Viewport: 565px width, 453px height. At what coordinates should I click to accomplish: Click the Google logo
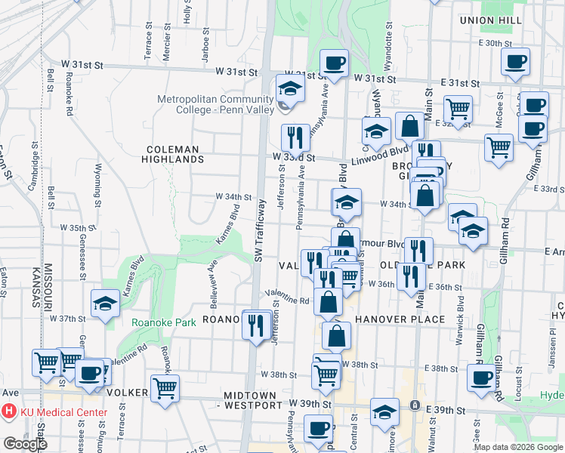point(25,444)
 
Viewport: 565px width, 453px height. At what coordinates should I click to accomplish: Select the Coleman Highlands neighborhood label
point(173,154)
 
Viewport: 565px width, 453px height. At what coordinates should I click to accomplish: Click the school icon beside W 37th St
point(105,304)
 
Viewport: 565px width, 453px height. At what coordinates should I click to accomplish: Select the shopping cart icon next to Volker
point(165,388)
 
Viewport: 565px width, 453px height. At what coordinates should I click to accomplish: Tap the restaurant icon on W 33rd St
point(295,137)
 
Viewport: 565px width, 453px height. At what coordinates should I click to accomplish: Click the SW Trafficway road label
point(260,231)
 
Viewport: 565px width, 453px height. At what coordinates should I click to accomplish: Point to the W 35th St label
point(73,226)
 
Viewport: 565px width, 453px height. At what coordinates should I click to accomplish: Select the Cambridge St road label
point(35,171)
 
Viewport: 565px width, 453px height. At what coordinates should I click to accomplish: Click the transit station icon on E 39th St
point(415,405)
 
